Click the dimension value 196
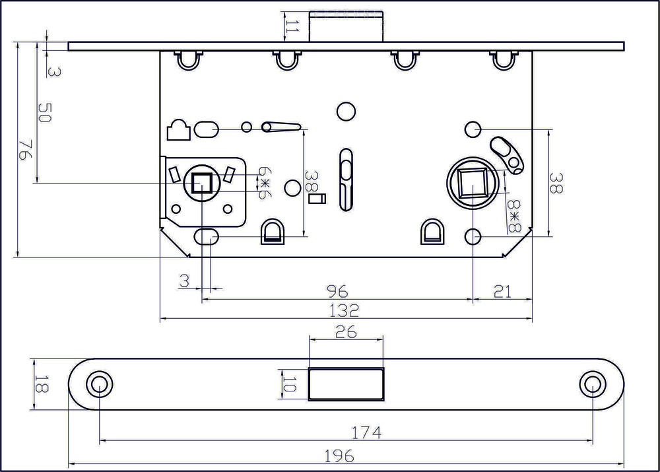[x=339, y=456]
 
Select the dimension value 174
[x=366, y=432]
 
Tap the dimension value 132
[x=344, y=311]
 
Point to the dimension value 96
[x=337, y=291]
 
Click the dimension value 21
[x=502, y=291]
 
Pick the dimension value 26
[x=346, y=332]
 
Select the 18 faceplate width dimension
[x=40, y=384]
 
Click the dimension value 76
[x=24, y=151]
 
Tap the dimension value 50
[x=44, y=113]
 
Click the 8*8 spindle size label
[x=514, y=217]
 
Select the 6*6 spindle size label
[x=265, y=183]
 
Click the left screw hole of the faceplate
[x=100, y=384]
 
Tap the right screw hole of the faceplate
[x=593, y=384]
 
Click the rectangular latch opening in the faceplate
[x=346, y=384]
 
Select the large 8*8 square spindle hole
[x=473, y=182]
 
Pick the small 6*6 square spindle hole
[x=202, y=184]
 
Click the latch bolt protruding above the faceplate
[x=346, y=26]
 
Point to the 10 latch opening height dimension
[x=289, y=384]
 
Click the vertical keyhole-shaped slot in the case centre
[x=346, y=180]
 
